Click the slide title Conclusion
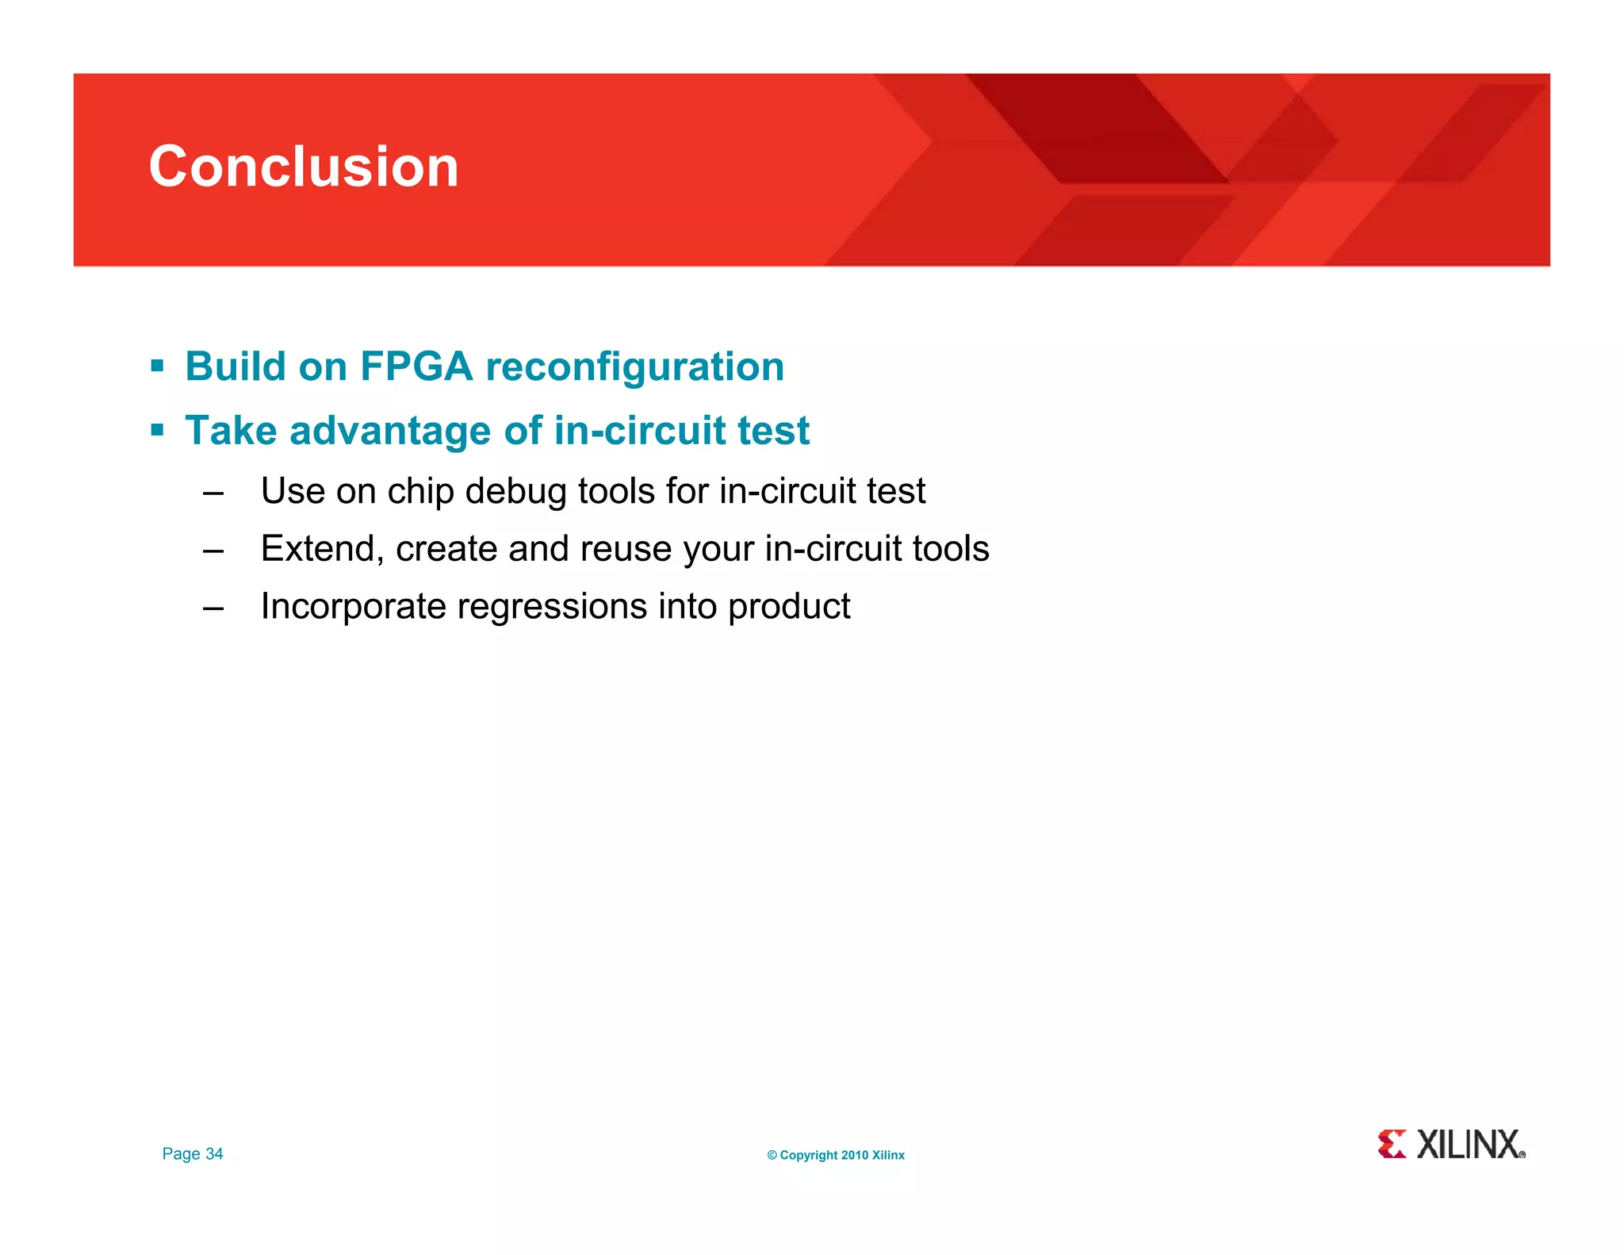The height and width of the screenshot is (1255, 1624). [304, 167]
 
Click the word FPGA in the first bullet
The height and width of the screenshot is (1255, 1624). [416, 367]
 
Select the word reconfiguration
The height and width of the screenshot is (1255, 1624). [634, 367]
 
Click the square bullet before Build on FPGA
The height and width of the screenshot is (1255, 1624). [157, 367]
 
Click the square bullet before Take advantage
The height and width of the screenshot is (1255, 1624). [157, 431]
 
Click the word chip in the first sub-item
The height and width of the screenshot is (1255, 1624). [420, 491]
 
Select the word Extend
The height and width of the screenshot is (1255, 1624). [321, 549]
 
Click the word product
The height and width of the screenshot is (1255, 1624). [789, 607]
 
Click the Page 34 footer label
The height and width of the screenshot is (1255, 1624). [193, 1154]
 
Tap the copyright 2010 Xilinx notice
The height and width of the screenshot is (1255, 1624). [836, 1155]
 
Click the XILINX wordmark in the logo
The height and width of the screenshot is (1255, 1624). [1469, 1145]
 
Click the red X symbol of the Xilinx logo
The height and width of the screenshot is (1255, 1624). [1392, 1144]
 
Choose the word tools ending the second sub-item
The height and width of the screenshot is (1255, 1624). [950, 549]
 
